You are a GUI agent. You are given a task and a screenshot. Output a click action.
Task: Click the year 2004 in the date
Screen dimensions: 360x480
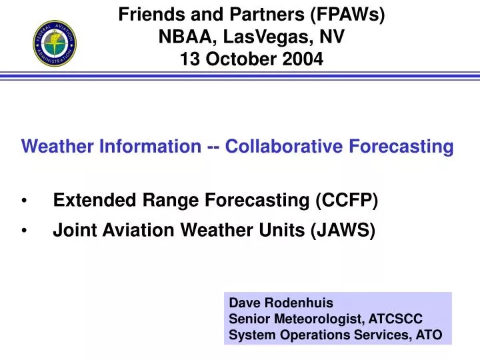tap(304, 60)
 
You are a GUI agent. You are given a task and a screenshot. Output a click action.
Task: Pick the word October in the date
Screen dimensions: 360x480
tap(242, 60)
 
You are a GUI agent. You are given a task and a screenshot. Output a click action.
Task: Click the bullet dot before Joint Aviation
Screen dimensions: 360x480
tap(25, 231)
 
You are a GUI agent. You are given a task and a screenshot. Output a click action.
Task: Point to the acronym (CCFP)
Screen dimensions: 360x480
tap(346, 200)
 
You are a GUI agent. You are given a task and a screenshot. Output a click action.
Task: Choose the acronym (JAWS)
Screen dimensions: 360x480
tap(343, 231)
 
